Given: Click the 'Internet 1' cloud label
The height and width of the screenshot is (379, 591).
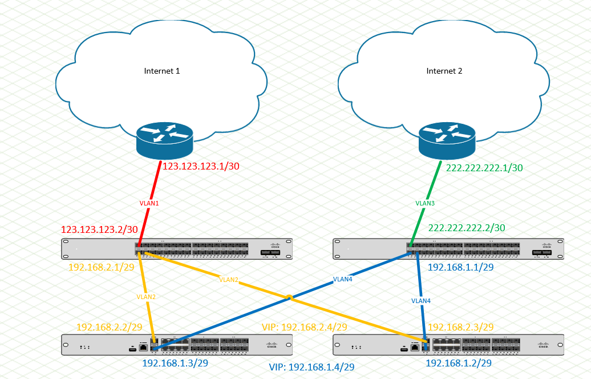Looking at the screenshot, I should point(162,71).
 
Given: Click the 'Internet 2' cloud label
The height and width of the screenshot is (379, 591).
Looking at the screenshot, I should point(444,71).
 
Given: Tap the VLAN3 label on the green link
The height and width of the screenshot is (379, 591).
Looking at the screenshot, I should point(425,203).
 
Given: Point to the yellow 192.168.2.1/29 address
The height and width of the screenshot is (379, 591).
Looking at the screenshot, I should point(102,267).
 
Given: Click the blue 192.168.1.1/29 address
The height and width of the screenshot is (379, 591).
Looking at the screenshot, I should point(460,267).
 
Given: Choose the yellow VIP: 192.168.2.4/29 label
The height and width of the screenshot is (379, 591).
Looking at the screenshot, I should point(304,327).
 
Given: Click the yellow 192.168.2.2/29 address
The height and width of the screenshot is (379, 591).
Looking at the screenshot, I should point(109,327).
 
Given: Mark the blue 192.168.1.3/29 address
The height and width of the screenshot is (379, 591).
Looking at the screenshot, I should point(175,362).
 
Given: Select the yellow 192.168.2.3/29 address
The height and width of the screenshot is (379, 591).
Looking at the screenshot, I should point(460,326).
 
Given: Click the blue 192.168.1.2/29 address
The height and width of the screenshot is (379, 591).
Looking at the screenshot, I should point(459,362).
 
